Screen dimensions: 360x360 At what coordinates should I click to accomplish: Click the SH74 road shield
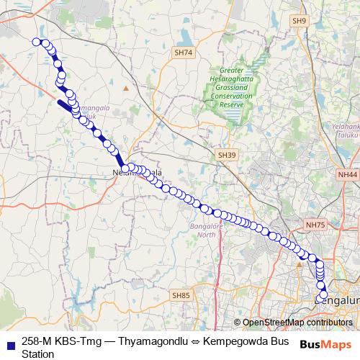click(184, 53)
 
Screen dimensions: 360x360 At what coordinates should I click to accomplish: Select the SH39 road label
click(227, 155)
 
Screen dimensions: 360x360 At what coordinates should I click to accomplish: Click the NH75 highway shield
click(315, 225)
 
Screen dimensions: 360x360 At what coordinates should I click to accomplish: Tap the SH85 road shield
click(181, 295)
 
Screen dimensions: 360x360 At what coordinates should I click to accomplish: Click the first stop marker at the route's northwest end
click(36, 42)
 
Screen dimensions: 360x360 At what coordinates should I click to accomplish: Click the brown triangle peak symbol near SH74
click(126, 88)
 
